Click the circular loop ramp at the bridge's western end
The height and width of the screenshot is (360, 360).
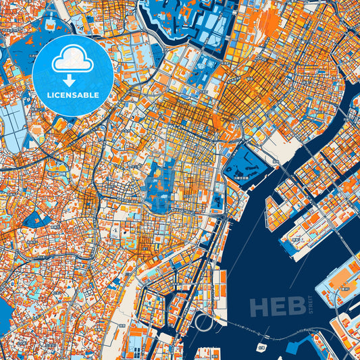click(203, 324)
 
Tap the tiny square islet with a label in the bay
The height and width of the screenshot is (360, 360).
click(261, 349)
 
